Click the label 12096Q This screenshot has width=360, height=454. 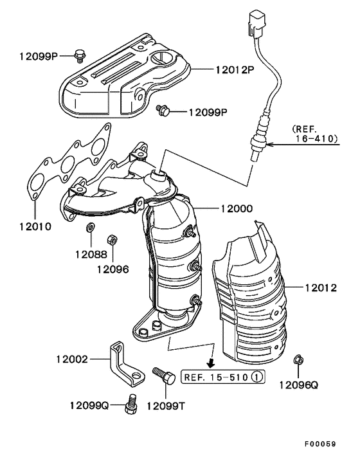coord(299,386)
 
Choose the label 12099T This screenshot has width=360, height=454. coord(166,406)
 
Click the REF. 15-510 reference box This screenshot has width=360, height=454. coord(222,377)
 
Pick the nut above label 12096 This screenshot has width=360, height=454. coord(111,239)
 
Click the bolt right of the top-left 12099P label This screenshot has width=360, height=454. coord(80,55)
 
